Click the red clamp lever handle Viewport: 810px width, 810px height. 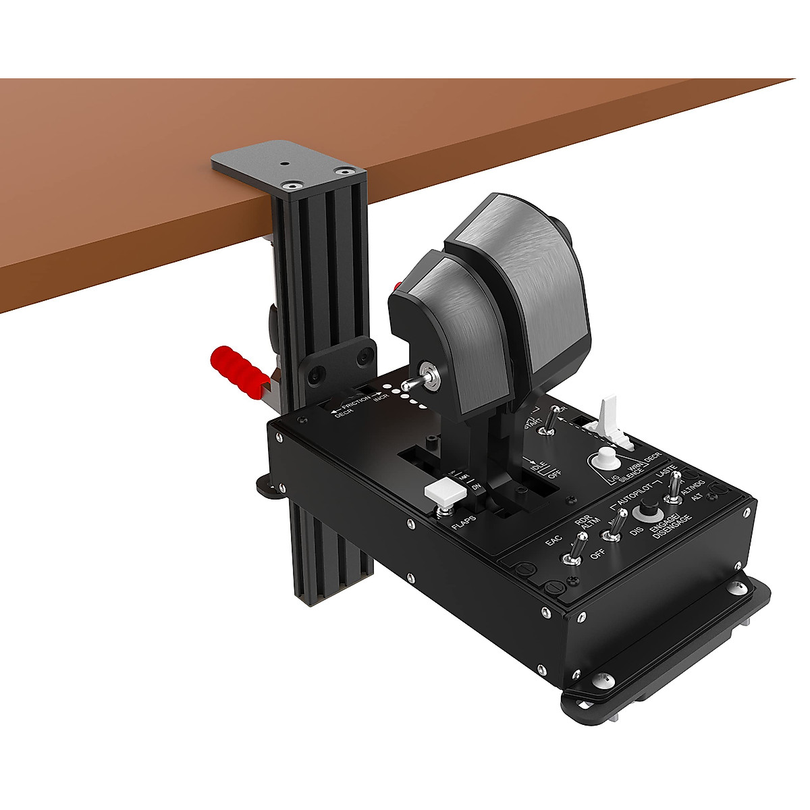(x=238, y=371)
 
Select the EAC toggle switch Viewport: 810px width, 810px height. (x=573, y=556)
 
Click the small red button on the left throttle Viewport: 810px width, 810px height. (x=398, y=285)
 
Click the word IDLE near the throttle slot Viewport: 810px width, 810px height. (x=538, y=466)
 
